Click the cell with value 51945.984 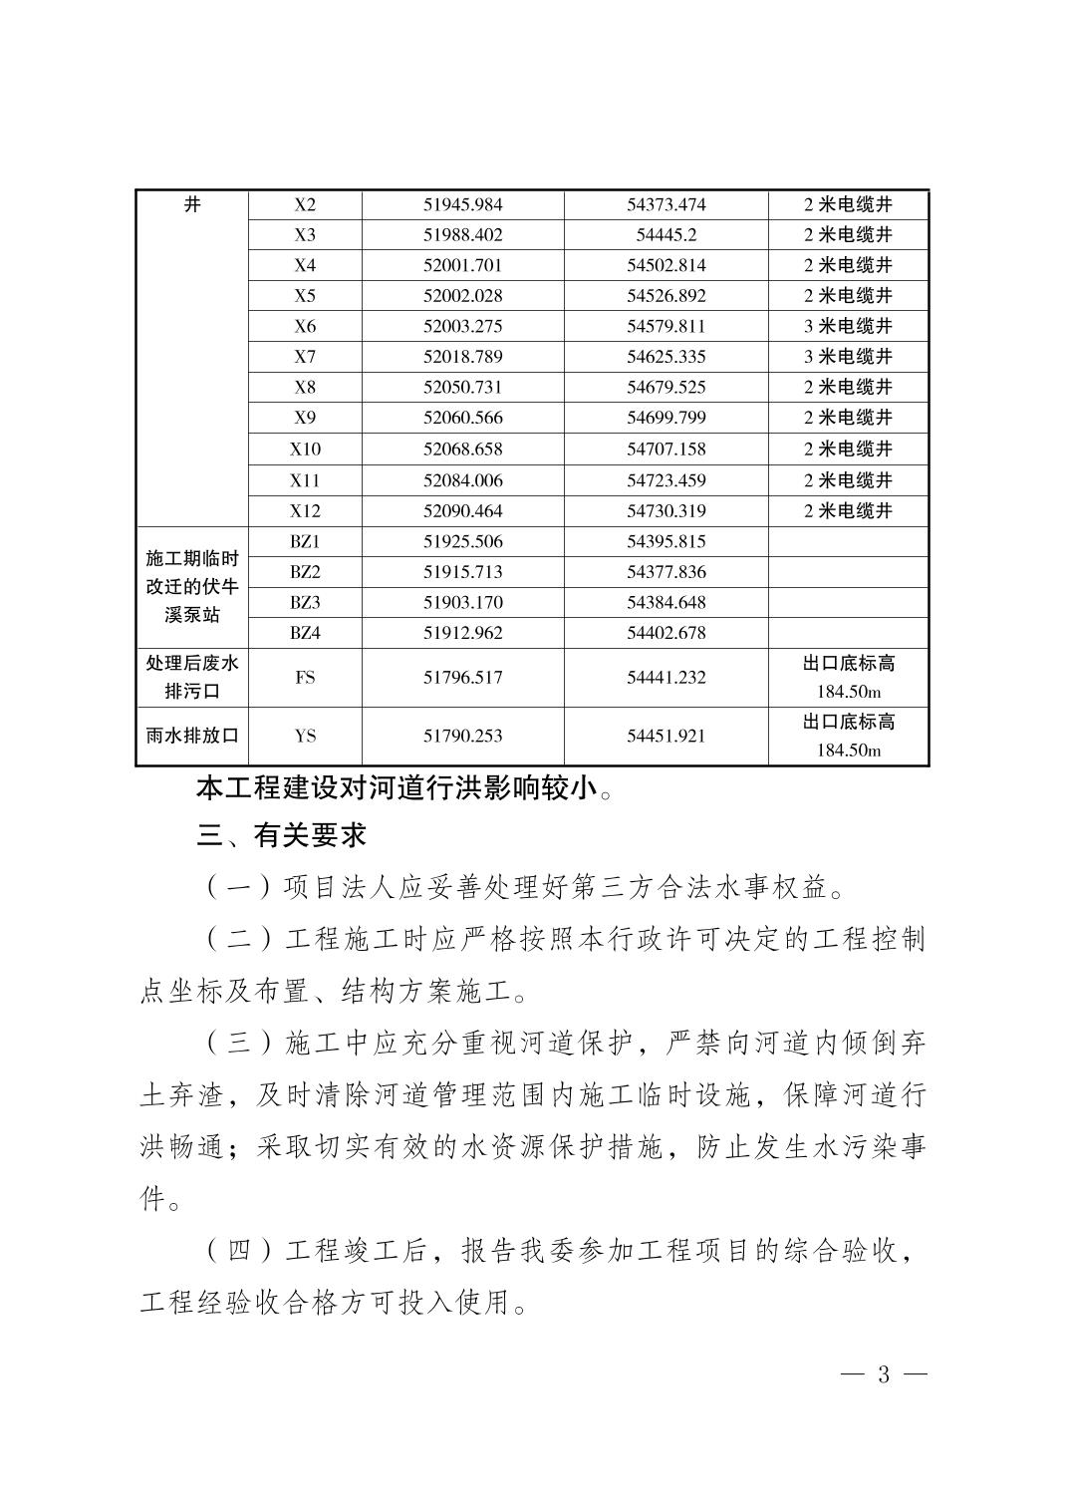(x=463, y=204)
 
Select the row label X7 (x=305, y=357)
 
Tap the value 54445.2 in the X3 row (x=666, y=235)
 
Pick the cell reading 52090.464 (x=463, y=511)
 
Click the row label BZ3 (x=305, y=603)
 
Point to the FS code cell (x=305, y=678)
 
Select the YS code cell (x=305, y=737)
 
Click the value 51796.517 (x=463, y=678)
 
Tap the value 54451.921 (x=666, y=737)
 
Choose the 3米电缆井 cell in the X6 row (x=848, y=326)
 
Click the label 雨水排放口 (x=192, y=737)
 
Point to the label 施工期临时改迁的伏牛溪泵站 (x=192, y=587)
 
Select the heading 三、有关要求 (x=282, y=835)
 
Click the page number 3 (x=883, y=1374)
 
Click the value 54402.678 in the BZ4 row (x=666, y=633)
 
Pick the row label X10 (x=305, y=450)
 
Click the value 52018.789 (x=463, y=357)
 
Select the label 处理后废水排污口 (x=192, y=678)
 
